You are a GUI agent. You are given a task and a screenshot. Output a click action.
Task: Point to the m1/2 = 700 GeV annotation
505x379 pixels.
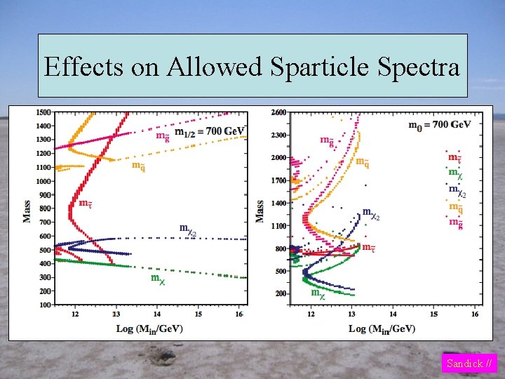coord(209,131)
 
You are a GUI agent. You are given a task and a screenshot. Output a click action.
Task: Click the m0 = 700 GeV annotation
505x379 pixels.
coord(440,124)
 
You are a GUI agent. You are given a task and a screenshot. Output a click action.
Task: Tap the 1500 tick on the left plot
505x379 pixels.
coord(43,112)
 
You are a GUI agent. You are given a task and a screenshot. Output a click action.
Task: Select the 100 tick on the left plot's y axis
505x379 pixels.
coord(44,305)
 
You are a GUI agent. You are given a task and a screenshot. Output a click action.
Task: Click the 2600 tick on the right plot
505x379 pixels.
coord(278,112)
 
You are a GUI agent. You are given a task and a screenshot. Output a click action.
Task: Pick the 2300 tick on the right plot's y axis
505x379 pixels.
coord(278,135)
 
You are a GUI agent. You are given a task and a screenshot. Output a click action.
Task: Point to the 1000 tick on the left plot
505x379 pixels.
coord(43,181)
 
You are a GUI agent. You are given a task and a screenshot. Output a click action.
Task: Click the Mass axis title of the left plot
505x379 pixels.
coord(27,208)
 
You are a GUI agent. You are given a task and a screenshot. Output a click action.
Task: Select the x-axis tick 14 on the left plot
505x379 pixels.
coord(157,314)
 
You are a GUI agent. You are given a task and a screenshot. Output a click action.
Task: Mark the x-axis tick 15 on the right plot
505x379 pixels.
coord(433,314)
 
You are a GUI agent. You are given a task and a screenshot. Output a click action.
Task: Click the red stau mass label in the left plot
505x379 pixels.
coord(85,204)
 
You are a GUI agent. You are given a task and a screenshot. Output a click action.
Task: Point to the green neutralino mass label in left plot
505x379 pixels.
coord(158,279)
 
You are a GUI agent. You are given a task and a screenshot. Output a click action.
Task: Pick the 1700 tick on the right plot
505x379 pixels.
coord(278,180)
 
